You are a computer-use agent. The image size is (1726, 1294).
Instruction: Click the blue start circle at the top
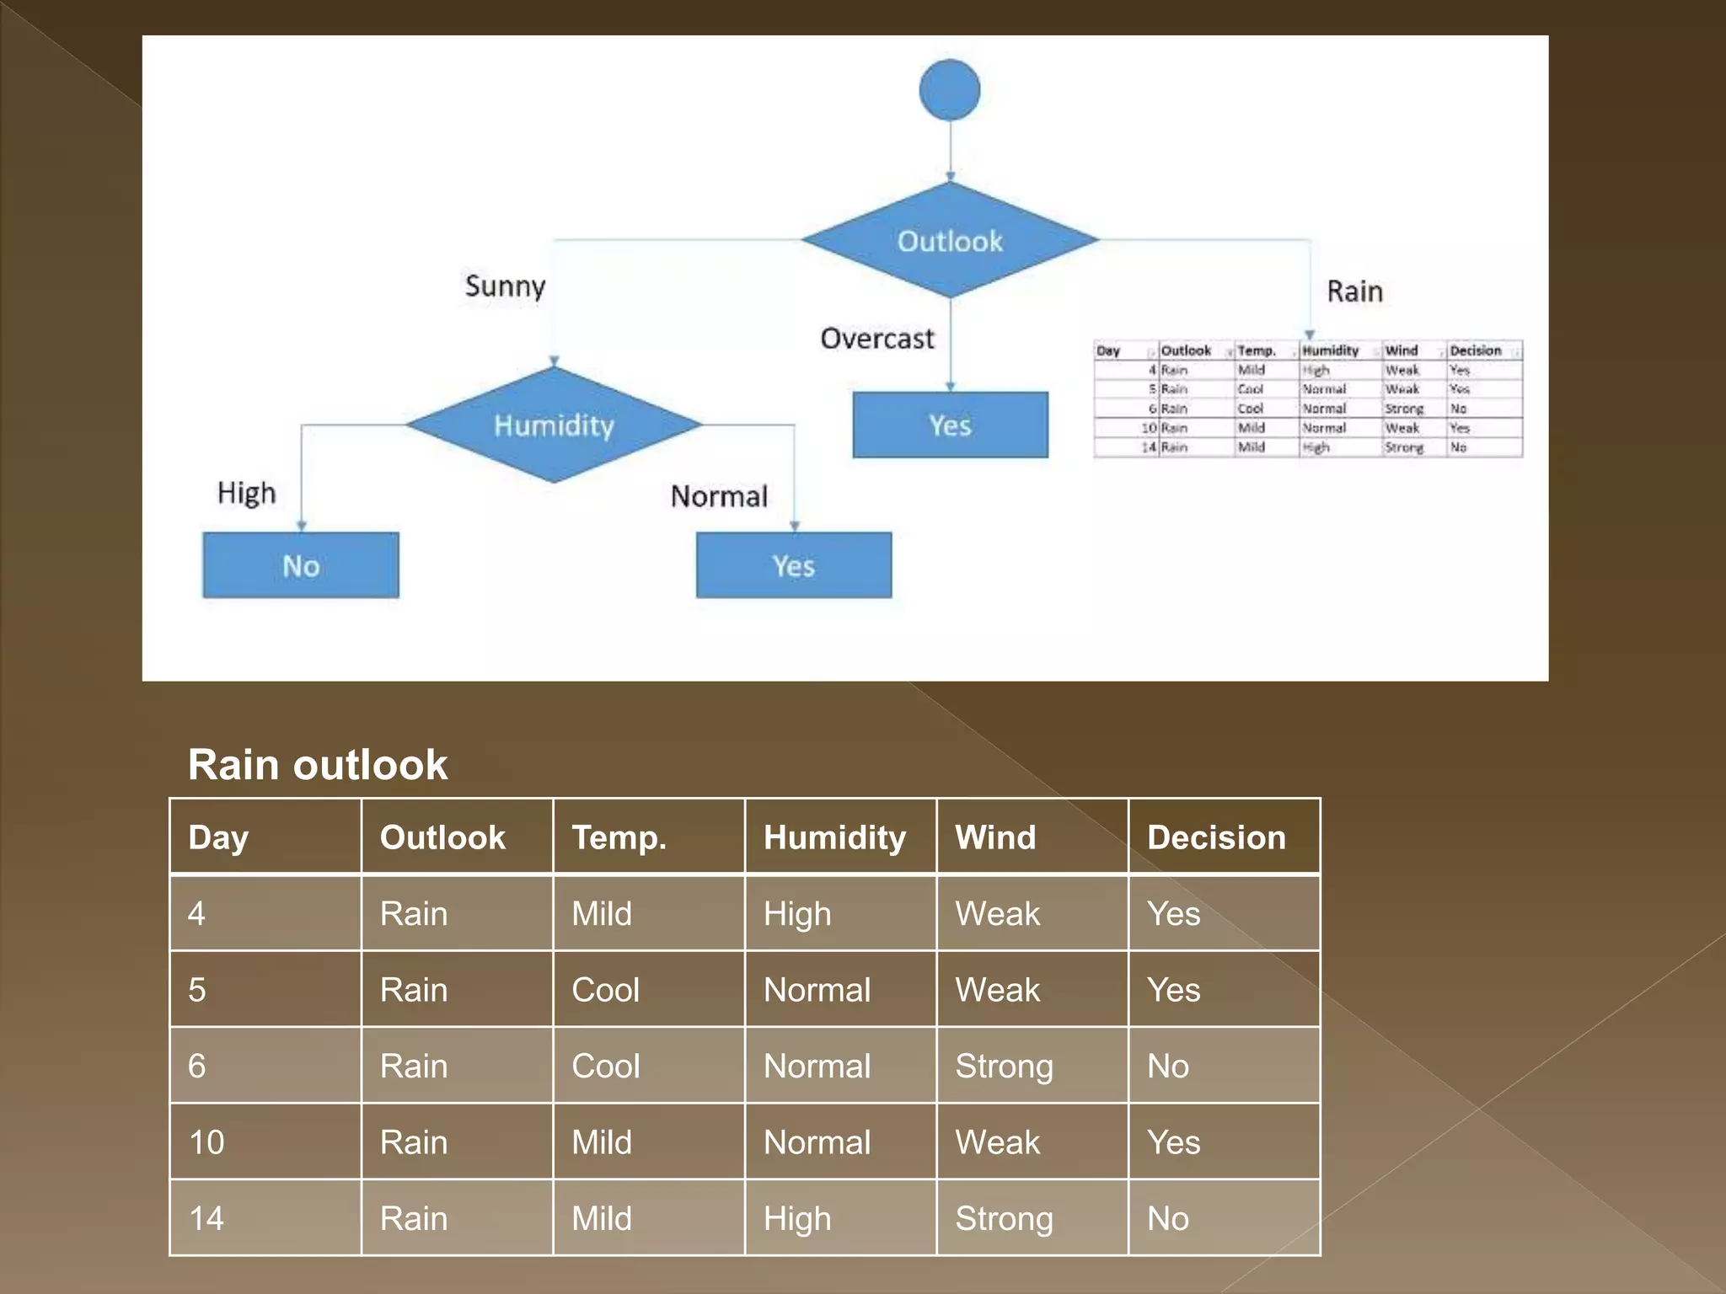click(x=949, y=89)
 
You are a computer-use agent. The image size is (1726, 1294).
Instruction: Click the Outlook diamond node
click(x=950, y=240)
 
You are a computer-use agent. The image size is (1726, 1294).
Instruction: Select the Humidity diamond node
click(x=554, y=425)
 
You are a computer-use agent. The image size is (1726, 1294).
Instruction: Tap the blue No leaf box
click(x=301, y=565)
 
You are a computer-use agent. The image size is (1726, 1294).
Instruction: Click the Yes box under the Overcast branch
click(x=950, y=425)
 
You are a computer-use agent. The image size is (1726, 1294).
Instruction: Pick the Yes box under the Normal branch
click(x=793, y=565)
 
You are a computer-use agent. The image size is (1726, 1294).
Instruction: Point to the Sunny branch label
click(x=505, y=286)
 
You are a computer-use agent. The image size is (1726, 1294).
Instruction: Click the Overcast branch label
click(x=876, y=339)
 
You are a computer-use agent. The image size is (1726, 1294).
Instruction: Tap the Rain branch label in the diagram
click(x=1354, y=291)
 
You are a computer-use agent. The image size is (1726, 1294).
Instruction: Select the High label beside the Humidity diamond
click(x=246, y=493)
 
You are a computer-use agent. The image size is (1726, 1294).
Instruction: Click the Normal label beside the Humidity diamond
click(x=719, y=496)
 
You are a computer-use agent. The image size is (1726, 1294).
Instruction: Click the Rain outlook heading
click(x=318, y=765)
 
